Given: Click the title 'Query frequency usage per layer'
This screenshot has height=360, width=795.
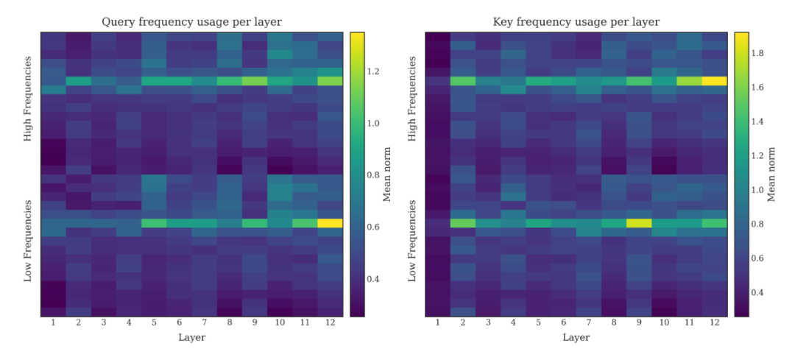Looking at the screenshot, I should coord(191,22).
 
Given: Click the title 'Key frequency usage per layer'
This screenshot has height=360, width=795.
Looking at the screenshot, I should coord(576,22).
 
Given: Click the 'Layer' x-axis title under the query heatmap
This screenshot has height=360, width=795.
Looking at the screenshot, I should coord(191,338).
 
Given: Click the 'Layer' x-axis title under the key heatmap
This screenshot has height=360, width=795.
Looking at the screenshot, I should coord(576,338).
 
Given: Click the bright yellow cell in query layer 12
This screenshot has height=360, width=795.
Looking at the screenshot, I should coord(331,223).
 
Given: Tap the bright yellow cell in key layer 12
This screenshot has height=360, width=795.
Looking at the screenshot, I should coord(714,81).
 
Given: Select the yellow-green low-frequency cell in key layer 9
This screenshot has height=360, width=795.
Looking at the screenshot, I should coord(639,223).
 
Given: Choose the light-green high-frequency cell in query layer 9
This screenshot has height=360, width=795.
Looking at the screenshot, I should coord(255,81).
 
